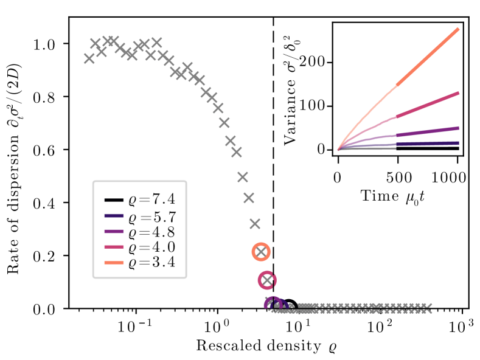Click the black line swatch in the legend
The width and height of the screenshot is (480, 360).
114,200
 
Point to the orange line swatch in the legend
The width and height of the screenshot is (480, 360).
114,263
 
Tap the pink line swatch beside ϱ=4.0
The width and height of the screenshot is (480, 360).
114,247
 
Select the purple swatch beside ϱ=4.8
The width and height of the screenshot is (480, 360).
114,231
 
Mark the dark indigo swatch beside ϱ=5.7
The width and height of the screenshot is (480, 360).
114,216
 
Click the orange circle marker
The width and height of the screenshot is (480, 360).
261,251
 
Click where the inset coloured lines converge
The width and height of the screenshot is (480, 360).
339,149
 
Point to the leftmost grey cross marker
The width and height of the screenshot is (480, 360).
89,58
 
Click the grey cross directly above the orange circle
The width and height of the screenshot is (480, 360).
255,223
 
